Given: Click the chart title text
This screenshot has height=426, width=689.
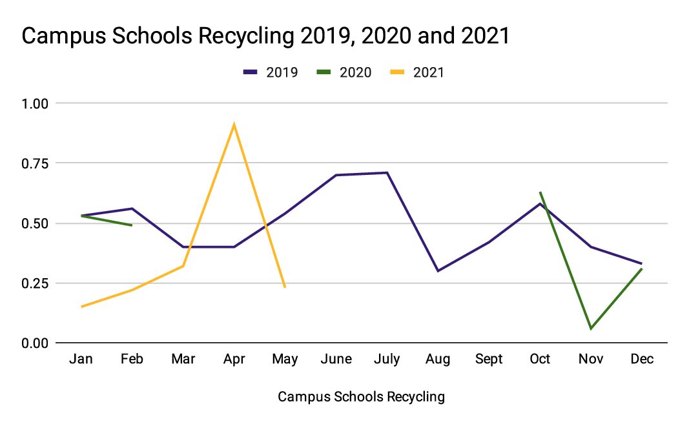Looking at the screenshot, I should point(265,36).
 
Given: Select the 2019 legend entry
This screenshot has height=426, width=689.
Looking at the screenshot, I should point(271,72).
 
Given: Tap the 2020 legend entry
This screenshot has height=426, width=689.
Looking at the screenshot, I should point(344,72).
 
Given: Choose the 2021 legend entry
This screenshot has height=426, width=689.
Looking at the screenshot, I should point(417,72).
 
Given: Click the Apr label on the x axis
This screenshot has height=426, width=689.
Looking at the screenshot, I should point(234,360).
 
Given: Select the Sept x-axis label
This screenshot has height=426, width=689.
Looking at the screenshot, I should point(489,360).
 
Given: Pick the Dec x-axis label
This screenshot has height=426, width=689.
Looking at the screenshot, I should point(642,360).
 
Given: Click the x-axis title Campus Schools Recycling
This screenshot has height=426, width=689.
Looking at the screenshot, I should point(361,397).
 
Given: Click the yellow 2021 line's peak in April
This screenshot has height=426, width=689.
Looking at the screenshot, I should point(234,124).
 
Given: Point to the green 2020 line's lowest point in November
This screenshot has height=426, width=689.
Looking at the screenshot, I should point(591,329).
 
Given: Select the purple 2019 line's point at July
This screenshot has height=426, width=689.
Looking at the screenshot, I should point(387,172).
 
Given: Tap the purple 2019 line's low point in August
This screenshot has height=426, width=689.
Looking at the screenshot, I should point(438,271).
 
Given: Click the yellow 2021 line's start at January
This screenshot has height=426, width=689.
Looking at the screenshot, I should point(81,307).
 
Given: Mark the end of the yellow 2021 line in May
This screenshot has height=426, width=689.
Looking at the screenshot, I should point(285,287).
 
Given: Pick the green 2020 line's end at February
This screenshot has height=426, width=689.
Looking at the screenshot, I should point(132,225).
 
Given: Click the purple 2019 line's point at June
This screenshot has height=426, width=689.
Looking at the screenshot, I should point(336,175).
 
